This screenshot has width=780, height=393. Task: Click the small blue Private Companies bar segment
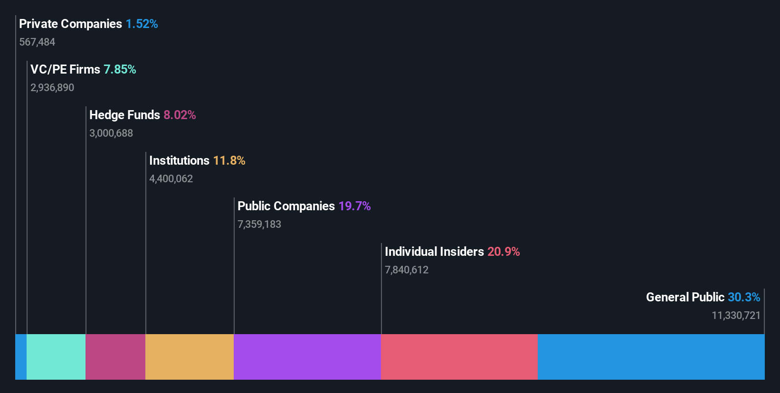click(21, 356)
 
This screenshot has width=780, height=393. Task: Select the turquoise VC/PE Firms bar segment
click(56, 356)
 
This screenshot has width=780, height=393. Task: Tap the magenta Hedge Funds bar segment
click(115, 356)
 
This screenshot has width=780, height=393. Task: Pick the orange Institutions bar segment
click(190, 356)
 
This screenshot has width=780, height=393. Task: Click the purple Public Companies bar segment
click(307, 356)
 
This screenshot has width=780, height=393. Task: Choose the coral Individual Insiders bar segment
click(459, 356)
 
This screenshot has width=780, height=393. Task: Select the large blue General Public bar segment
click(651, 356)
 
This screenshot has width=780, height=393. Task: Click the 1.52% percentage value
click(142, 24)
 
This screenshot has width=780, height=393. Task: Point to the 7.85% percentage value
click(120, 69)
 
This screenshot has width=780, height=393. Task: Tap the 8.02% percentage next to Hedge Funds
click(180, 115)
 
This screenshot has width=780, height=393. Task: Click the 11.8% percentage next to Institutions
click(229, 160)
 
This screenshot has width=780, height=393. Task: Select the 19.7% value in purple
click(354, 206)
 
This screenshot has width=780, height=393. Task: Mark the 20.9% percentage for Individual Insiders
click(504, 252)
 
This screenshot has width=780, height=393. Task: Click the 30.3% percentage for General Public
click(744, 297)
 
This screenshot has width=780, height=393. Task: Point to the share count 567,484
click(37, 42)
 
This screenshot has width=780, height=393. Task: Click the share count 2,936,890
click(52, 88)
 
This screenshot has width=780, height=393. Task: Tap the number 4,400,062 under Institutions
click(171, 179)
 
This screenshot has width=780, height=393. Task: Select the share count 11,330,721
click(736, 316)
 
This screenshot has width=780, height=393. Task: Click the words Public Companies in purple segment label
click(286, 206)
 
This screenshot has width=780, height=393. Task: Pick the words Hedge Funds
click(124, 115)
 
